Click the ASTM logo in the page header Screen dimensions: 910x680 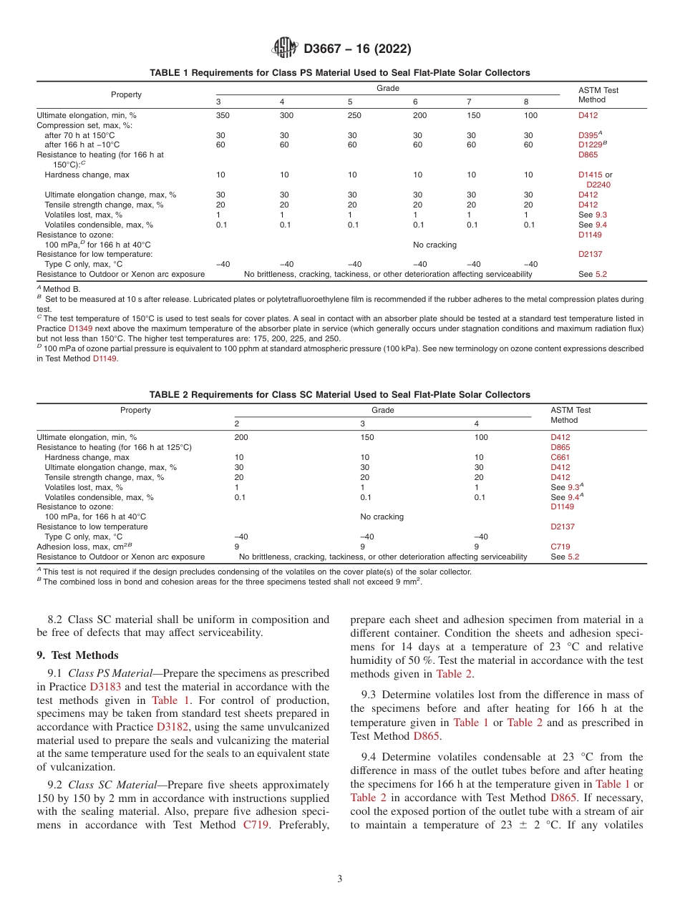[x=285, y=49]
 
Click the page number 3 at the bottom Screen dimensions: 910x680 [x=339, y=879]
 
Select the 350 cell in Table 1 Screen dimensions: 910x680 [x=223, y=115]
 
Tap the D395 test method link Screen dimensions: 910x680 [x=588, y=135]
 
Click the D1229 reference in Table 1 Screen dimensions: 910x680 [x=591, y=145]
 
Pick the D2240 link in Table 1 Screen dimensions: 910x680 [x=598, y=185]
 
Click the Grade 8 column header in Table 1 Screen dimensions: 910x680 [x=526, y=102]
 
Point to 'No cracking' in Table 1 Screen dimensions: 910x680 [x=434, y=245]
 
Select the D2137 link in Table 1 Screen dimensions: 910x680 [x=590, y=254]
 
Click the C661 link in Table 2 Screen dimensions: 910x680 [x=560, y=457]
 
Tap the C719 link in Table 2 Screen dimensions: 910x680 [x=560, y=547]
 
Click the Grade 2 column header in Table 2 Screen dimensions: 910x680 [x=237, y=424]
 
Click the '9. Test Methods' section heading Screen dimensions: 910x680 [x=77, y=655]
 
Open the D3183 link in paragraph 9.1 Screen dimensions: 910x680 [x=105, y=687]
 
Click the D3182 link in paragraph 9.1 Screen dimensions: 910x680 [x=172, y=727]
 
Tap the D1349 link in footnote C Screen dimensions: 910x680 [x=81, y=328]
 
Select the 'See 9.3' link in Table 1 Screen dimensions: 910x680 [x=593, y=215]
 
